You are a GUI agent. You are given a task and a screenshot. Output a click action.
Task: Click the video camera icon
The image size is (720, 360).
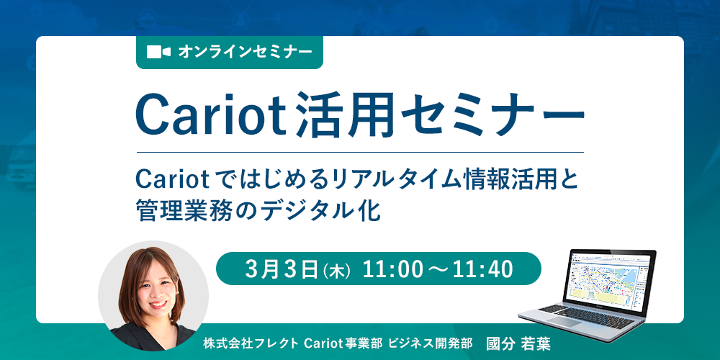tap(159, 52)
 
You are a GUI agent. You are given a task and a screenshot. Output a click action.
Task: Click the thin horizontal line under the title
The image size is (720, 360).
tap(360, 151)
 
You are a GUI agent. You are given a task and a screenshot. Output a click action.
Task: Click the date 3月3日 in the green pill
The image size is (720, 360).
tap(282, 270)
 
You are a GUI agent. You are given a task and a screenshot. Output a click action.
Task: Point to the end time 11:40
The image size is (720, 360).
tap(482, 270)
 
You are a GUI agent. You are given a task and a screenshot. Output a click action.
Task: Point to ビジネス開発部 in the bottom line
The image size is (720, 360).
tap(430, 344)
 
